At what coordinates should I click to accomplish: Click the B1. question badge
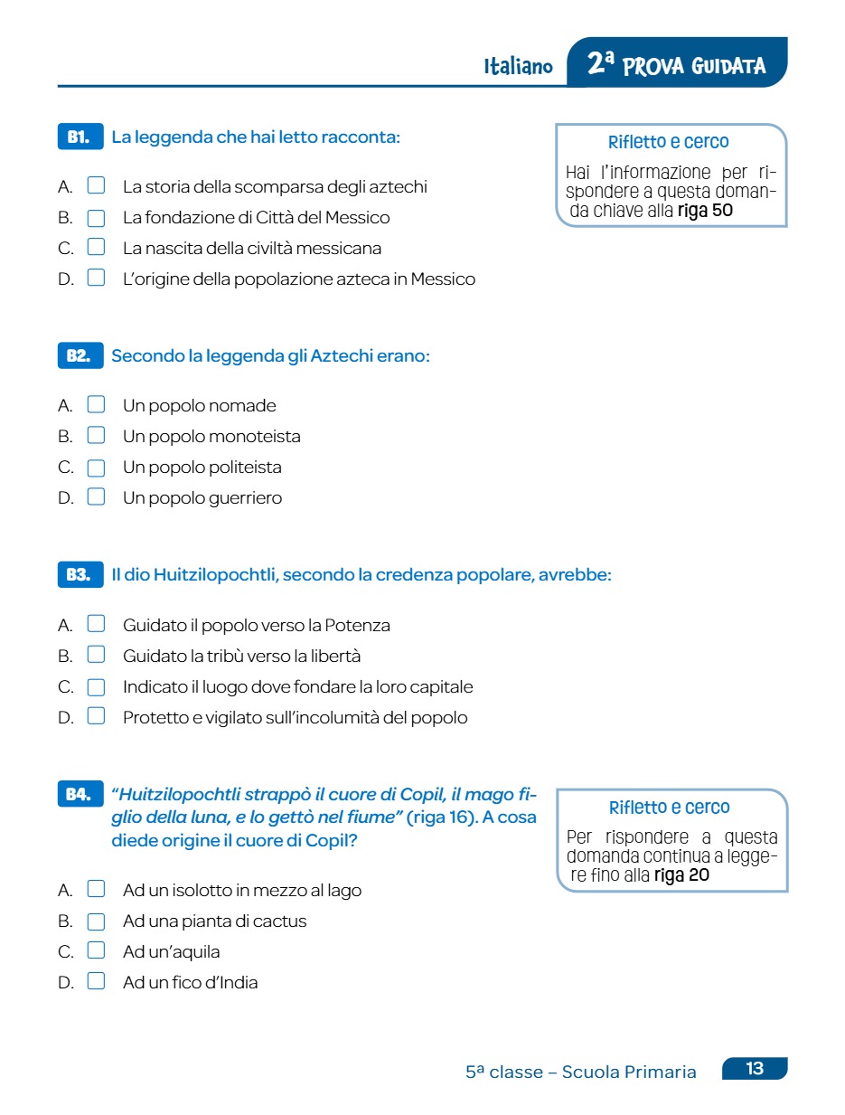point(80,137)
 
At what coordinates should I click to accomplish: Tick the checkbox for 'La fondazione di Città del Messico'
point(96,218)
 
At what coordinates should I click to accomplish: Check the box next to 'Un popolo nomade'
point(96,405)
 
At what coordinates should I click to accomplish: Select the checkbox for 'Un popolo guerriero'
point(96,497)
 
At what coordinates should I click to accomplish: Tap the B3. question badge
point(80,574)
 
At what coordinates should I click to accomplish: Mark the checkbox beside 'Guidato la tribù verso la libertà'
point(96,656)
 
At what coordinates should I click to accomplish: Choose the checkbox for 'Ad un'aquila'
point(96,951)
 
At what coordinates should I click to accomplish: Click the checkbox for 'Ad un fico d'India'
point(96,982)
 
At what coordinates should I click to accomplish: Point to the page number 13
point(755,1069)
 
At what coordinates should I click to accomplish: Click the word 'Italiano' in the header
point(518,67)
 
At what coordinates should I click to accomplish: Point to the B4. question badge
point(80,794)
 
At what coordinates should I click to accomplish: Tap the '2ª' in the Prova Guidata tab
point(601,64)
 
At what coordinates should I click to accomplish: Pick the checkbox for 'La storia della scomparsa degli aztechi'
point(96,187)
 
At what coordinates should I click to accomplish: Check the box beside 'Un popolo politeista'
point(96,467)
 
